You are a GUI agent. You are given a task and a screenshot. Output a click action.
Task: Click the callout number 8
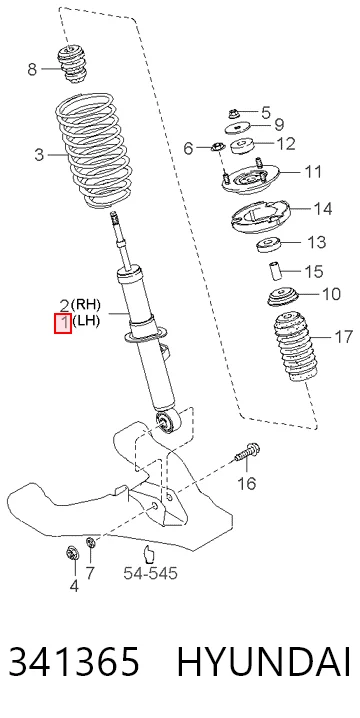32,70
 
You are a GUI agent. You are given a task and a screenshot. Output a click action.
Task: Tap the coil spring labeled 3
94,150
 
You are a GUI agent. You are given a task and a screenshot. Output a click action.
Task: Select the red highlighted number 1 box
63,323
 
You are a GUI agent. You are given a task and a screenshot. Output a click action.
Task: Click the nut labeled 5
234,112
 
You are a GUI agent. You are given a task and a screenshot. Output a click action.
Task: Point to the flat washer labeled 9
238,128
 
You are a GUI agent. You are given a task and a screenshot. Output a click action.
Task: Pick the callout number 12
286,144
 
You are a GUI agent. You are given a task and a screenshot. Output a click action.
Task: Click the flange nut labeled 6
217,147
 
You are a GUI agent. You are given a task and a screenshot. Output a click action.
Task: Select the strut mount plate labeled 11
250,179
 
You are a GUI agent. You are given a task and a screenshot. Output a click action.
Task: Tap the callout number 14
323,209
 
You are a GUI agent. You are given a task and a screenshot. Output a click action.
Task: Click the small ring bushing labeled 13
267,245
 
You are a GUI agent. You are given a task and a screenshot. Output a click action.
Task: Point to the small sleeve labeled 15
275,271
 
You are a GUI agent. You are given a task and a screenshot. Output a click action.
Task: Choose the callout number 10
331,294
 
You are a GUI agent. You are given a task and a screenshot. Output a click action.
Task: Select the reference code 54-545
150,573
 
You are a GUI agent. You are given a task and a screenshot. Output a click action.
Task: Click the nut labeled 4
71,553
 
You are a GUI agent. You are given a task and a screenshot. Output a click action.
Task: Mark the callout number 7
90,573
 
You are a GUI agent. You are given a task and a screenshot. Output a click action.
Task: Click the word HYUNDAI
264,662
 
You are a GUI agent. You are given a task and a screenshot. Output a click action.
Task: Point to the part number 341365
74,662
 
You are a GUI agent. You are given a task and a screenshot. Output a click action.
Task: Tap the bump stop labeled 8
71,65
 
